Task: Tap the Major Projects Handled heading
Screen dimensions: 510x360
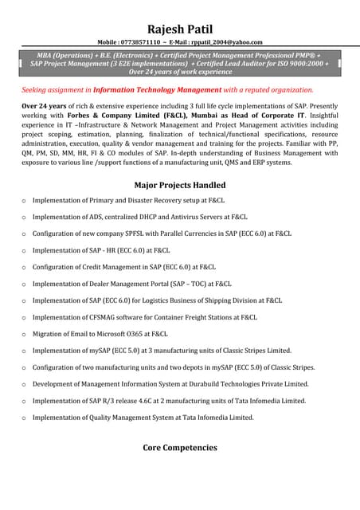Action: click(179, 185)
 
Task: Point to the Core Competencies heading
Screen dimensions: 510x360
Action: click(179, 448)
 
